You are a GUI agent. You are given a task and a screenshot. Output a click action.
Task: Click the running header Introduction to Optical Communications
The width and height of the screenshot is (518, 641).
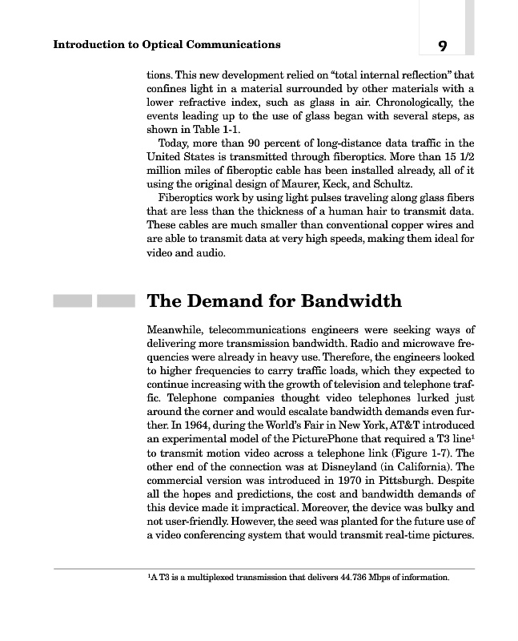[x=167, y=44]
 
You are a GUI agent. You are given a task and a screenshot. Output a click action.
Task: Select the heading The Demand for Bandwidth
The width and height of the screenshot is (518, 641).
[x=275, y=301]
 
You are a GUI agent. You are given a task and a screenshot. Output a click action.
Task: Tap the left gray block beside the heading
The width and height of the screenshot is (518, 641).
[x=72, y=301]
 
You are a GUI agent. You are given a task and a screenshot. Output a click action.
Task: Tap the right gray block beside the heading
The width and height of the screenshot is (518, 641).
[x=115, y=301]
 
